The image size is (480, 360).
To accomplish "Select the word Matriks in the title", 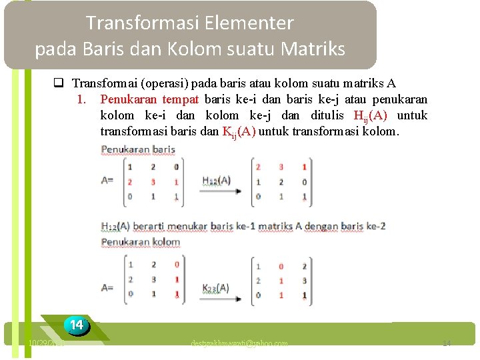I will click(x=313, y=49).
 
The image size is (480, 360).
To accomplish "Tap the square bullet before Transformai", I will click(x=59, y=84).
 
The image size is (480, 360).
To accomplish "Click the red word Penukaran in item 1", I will click(x=129, y=99).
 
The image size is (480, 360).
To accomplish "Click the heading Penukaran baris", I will click(x=137, y=149).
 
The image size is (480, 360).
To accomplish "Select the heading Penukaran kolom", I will click(x=141, y=242).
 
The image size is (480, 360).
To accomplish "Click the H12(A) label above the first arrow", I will click(x=215, y=181).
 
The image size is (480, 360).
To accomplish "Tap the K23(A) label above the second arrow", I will click(x=215, y=288).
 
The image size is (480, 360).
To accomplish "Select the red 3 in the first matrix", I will click(x=153, y=182).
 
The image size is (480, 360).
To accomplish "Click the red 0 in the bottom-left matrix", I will click(x=176, y=265).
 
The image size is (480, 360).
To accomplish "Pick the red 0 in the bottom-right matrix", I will click(x=281, y=265).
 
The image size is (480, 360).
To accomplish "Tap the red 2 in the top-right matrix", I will click(x=258, y=167).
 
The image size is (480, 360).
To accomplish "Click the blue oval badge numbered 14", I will click(x=77, y=325).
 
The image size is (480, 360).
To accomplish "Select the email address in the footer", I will click(x=239, y=343).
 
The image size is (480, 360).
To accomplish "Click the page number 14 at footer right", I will click(x=447, y=343).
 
